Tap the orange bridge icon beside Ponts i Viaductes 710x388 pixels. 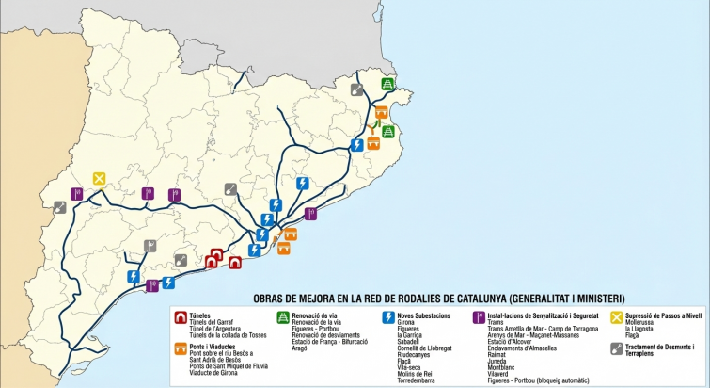click(x=180, y=348)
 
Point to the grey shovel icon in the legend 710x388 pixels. click(x=617, y=348)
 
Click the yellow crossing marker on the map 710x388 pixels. click(x=99, y=178)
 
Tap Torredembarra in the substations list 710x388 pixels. click(x=420, y=380)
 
